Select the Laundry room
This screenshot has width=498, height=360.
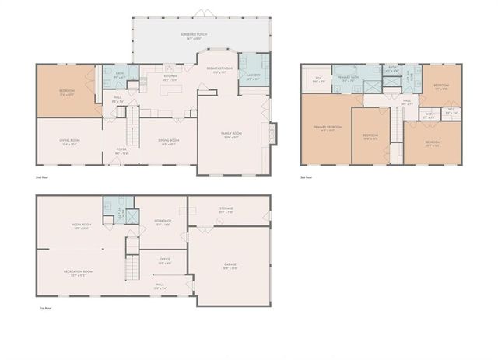point(254,77)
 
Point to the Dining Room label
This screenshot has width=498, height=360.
point(169,142)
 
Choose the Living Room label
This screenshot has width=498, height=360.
point(70,142)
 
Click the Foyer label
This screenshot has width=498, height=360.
point(121,152)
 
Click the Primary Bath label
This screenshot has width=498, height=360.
point(348,79)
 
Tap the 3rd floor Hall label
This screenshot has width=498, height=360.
point(406,101)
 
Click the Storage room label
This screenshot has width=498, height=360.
point(227,211)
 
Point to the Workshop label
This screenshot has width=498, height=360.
point(163,222)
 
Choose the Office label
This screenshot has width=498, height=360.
point(164,261)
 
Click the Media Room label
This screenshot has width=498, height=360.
point(81,227)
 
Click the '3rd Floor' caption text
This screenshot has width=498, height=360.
point(307,177)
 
